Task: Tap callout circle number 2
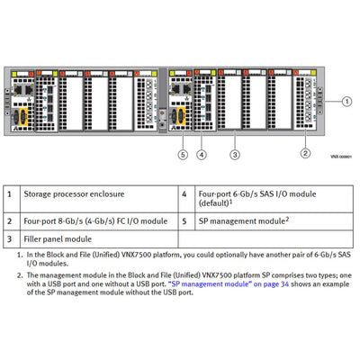coord(307,155)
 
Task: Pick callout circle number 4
coord(201,155)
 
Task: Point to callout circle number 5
coord(183,155)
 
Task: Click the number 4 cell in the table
coord(184,193)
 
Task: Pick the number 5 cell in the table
coord(184,219)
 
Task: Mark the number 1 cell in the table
coord(9,193)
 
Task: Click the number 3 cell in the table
coord(9,238)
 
